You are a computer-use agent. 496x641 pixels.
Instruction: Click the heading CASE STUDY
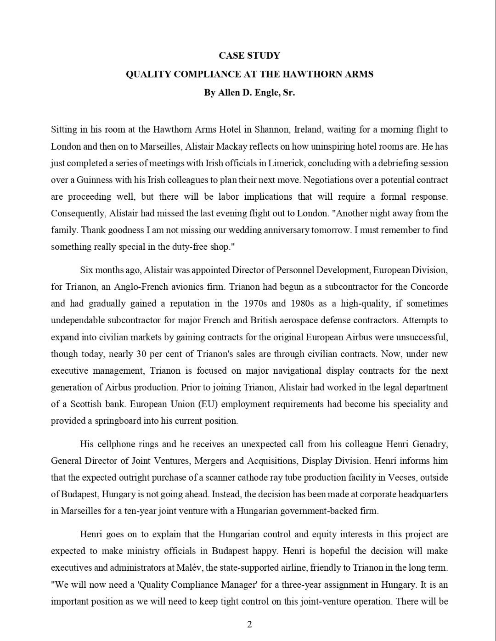249,56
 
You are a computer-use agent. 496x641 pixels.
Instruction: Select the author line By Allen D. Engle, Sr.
249,92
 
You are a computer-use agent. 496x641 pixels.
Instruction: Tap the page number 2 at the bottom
249,624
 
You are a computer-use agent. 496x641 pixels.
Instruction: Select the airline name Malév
190,568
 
